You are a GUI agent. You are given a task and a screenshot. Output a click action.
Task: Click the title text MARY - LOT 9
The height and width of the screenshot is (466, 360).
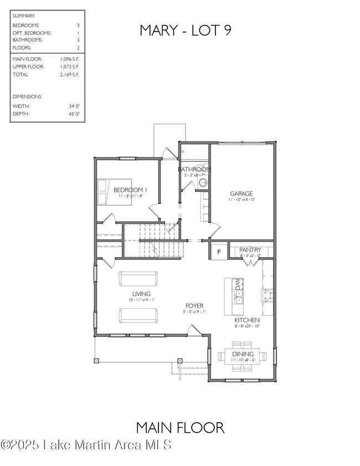click(185, 30)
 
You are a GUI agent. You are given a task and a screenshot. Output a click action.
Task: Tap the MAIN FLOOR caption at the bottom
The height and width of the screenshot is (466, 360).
click(180, 427)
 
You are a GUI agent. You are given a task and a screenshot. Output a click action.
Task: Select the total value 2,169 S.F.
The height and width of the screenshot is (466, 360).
click(70, 74)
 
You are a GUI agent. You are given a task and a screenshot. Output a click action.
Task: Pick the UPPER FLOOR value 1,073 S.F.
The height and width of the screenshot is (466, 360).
click(70, 66)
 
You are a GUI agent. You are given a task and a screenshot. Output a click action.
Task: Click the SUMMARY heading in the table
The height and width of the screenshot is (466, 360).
click(23, 16)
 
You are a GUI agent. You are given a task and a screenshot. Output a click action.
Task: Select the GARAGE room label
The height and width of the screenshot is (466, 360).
click(241, 194)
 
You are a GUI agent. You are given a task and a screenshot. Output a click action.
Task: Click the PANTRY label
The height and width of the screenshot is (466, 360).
click(250, 250)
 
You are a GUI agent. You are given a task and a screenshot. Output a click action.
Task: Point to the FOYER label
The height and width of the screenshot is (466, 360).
click(194, 305)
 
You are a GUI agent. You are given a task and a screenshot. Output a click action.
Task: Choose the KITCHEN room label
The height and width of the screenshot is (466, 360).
click(246, 320)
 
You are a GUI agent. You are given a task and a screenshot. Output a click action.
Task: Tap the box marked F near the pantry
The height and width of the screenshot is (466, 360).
click(218, 251)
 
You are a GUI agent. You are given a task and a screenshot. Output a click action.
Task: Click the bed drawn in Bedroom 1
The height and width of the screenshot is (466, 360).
click(115, 192)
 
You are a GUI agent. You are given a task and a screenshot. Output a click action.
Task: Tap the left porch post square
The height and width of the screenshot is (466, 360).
click(96, 361)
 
